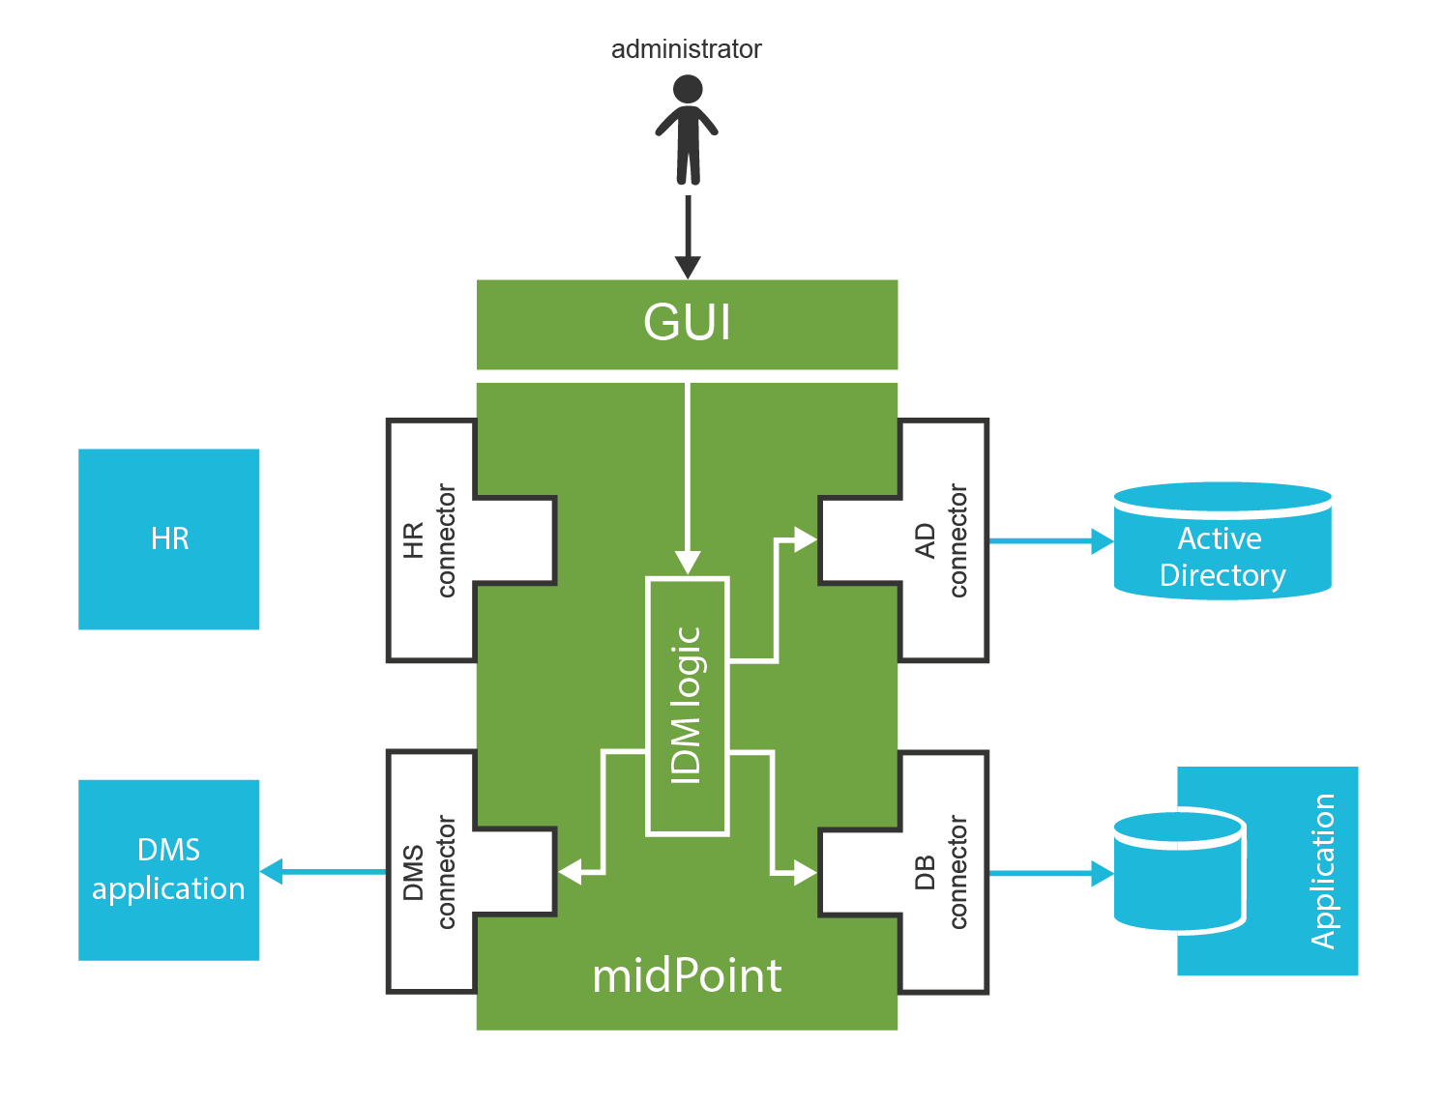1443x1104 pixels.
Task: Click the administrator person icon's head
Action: [x=687, y=90]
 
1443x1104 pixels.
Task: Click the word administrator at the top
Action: [x=686, y=49]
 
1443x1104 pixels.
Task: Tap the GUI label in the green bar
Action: [x=687, y=323]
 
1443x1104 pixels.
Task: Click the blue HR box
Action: [x=169, y=538]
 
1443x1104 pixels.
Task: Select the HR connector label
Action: [x=429, y=540]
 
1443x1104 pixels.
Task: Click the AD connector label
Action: [x=941, y=540]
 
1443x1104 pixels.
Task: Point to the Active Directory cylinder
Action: [x=1222, y=543]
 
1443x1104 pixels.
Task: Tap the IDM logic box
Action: [x=687, y=706]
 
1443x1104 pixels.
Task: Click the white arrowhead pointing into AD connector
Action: [x=805, y=540]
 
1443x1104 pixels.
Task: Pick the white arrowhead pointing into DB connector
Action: [x=805, y=872]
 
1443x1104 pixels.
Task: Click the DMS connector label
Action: [x=429, y=872]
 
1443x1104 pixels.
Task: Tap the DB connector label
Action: [x=941, y=872]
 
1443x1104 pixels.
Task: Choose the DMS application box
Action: [x=169, y=870]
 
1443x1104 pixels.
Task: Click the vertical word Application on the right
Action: [x=1323, y=871]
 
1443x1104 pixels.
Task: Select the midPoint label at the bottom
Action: [x=687, y=976]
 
